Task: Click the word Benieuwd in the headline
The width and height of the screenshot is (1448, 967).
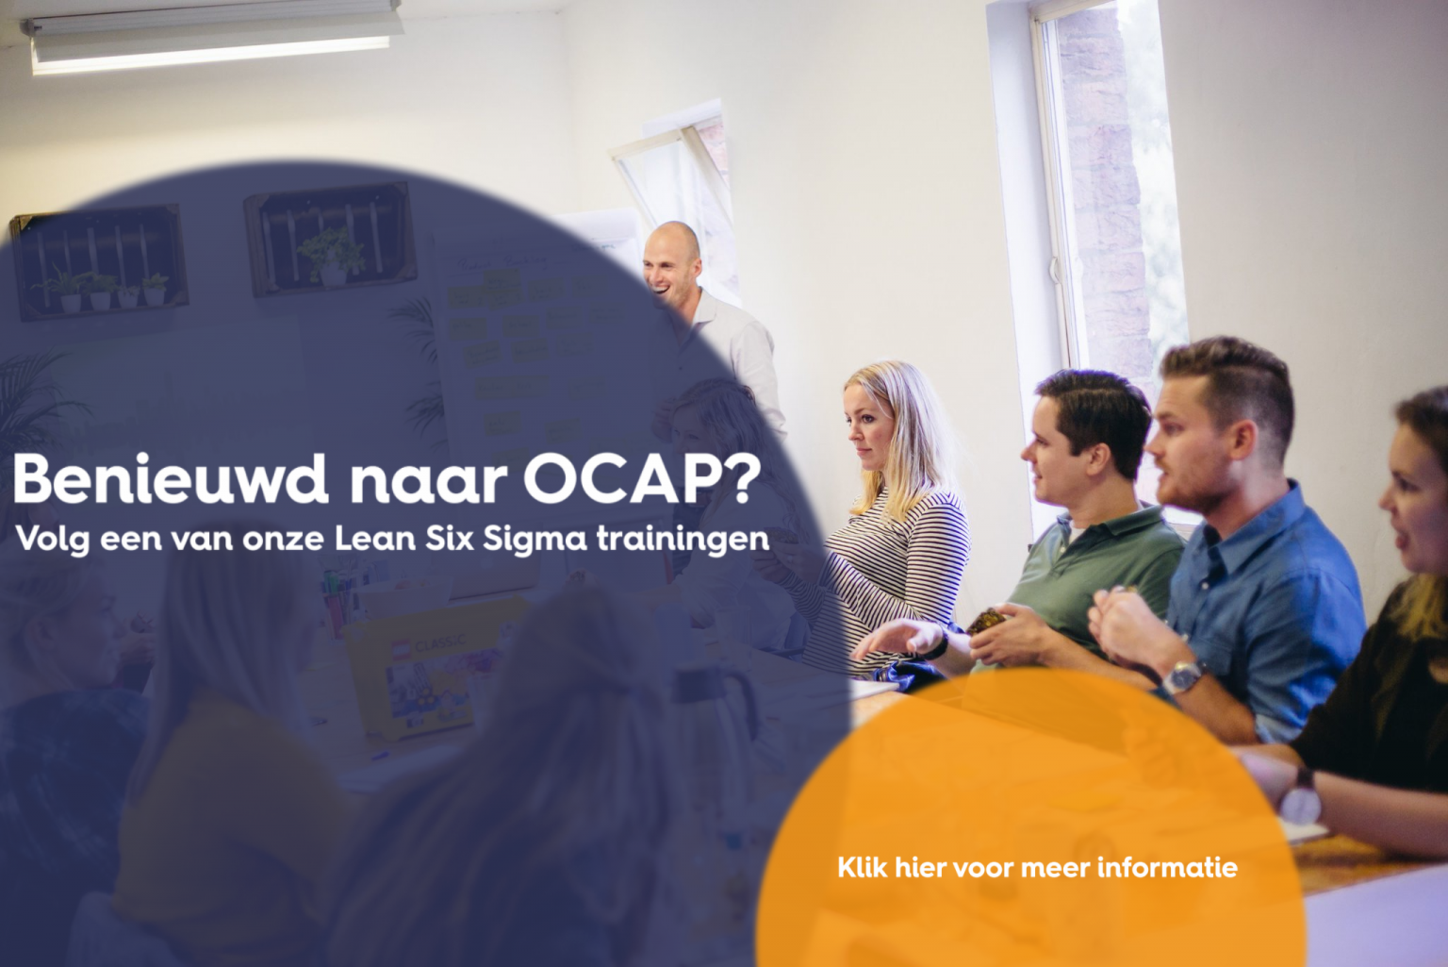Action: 170,479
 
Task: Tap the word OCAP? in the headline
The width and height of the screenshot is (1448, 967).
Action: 641,479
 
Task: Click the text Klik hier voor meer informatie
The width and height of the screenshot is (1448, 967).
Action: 1037,867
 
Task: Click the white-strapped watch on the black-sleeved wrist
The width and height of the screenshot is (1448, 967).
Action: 1302,797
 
